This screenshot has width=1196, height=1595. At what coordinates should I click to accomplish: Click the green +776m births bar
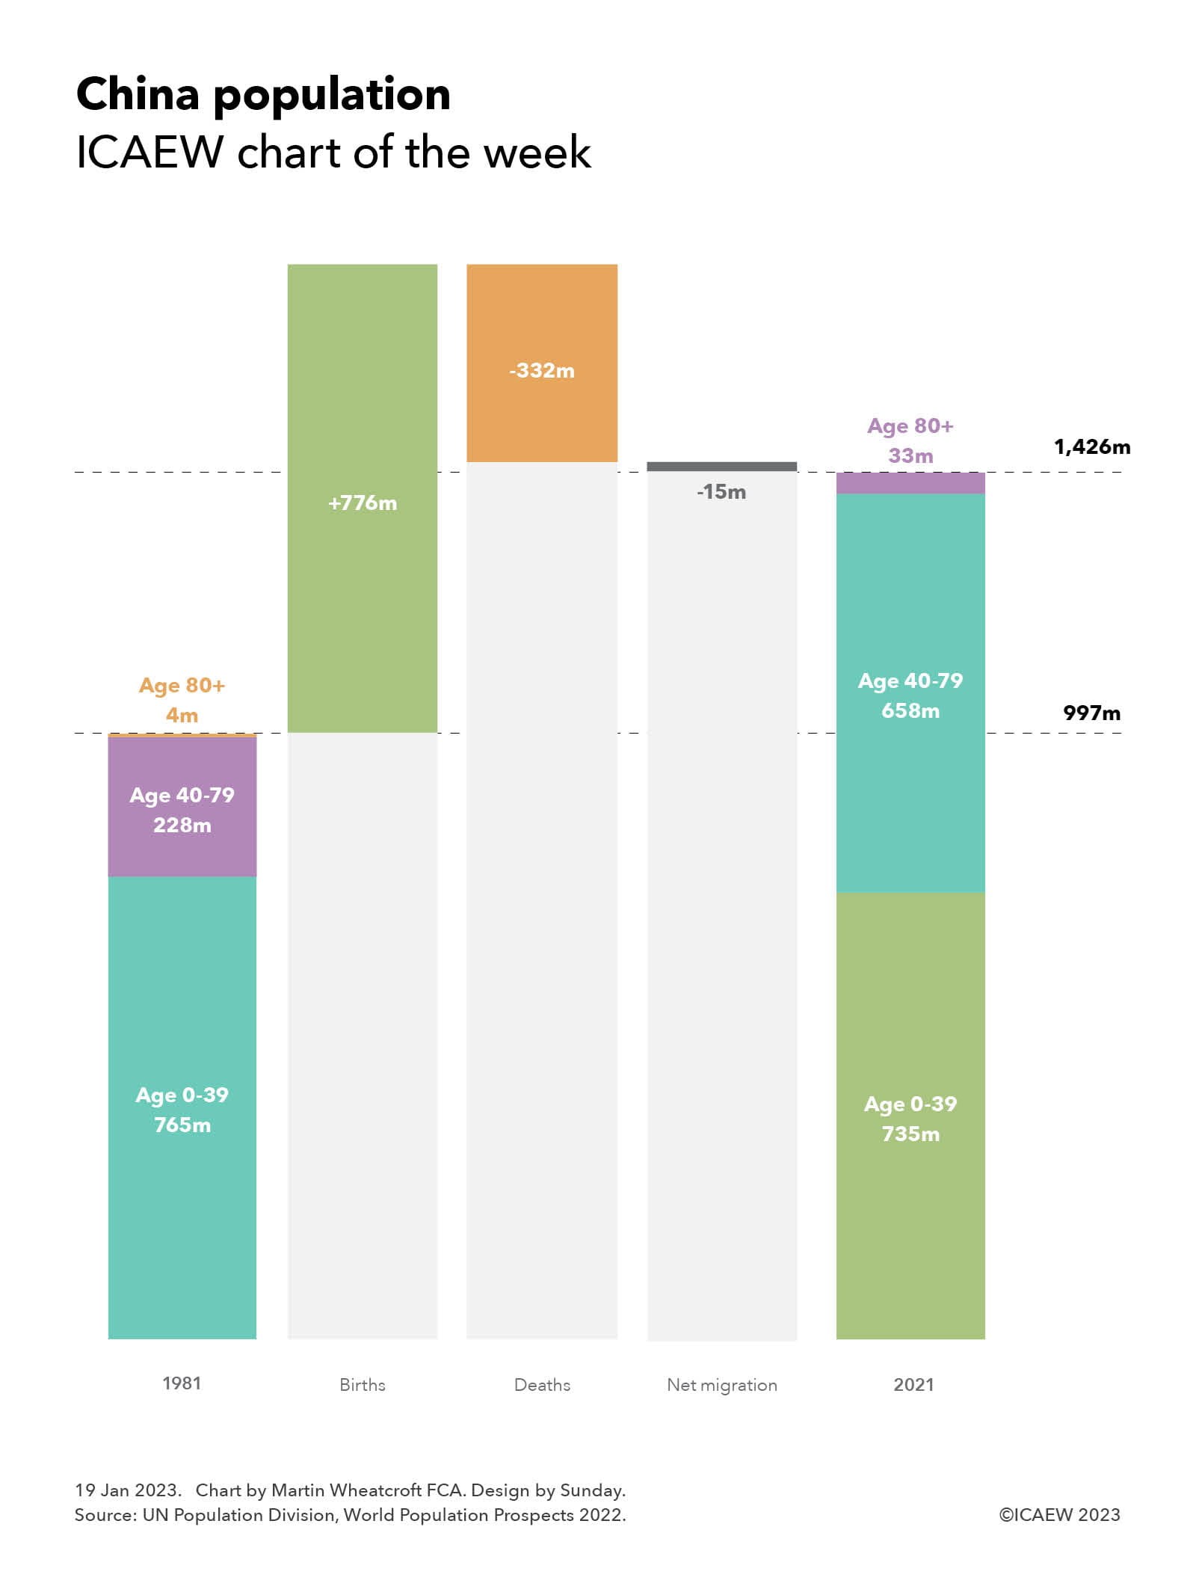[x=362, y=497]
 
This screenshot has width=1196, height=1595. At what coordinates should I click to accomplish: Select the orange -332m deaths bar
[x=542, y=363]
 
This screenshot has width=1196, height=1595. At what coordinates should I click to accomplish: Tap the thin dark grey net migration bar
[x=721, y=467]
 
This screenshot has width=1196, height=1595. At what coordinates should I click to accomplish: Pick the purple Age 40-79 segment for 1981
[x=182, y=808]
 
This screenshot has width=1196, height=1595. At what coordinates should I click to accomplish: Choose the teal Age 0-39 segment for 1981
[x=182, y=1107]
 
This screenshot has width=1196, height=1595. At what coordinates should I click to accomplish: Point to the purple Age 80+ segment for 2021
[x=910, y=483]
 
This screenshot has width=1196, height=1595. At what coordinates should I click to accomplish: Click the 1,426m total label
[x=1091, y=447]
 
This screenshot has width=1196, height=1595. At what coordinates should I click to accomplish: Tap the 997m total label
[x=1091, y=713]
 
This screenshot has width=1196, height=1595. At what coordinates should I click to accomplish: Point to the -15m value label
[x=721, y=492]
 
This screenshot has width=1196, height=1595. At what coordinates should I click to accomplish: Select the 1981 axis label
[x=182, y=1383]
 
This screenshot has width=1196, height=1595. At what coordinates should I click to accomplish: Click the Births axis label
[x=362, y=1385]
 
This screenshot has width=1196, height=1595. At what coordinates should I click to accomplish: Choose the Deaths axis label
[x=542, y=1385]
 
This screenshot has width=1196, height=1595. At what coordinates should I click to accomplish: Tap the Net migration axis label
[x=721, y=1385]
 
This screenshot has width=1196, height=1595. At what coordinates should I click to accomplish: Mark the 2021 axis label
[x=913, y=1385]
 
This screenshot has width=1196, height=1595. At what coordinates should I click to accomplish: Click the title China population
[x=263, y=94]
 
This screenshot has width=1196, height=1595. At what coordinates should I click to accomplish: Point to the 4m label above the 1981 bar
[x=182, y=715]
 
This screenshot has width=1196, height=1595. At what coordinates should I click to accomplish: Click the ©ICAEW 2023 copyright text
[x=1059, y=1514]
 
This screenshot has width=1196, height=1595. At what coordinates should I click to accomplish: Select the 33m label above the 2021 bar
[x=910, y=455]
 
